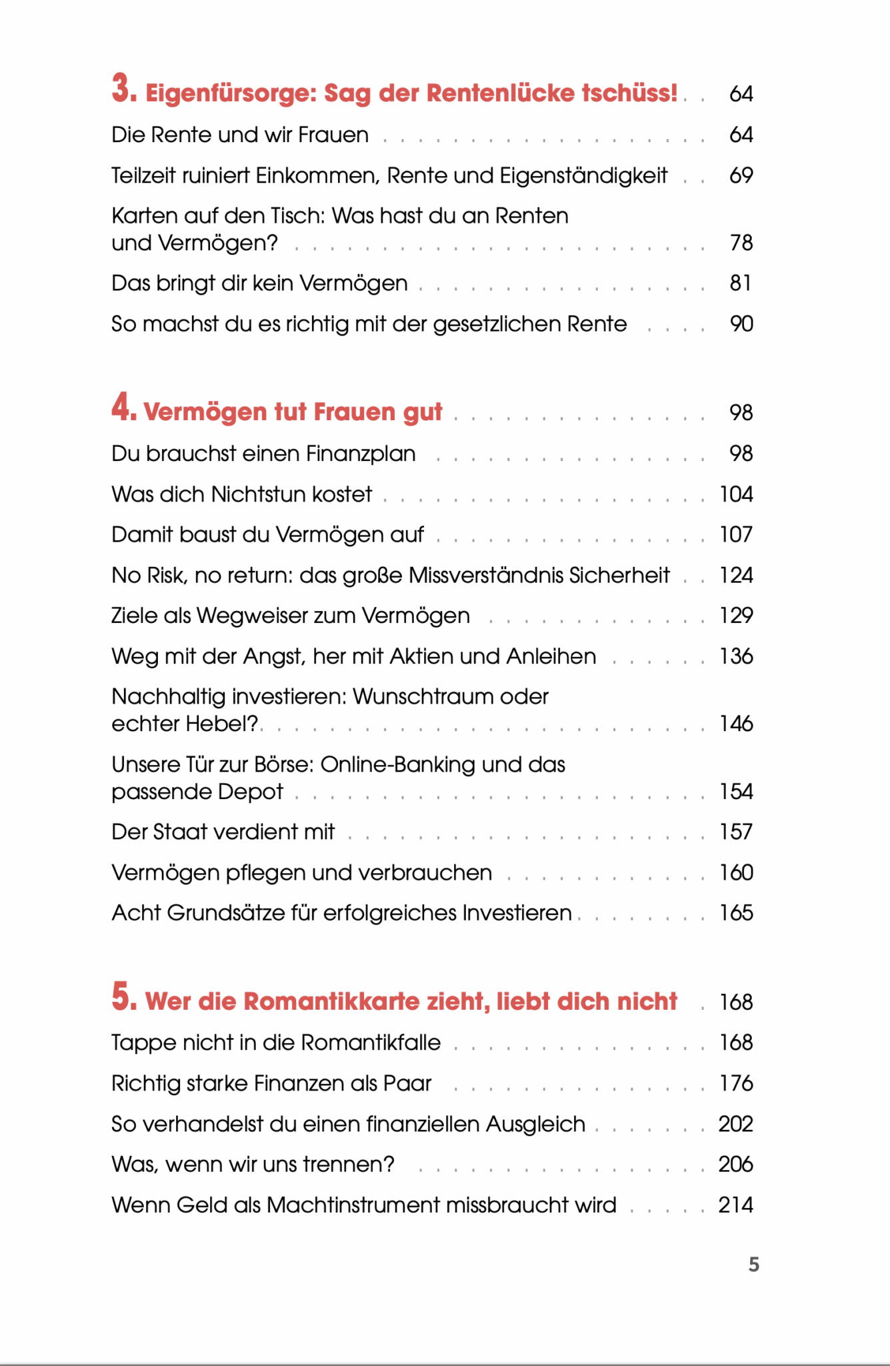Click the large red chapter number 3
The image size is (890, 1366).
coord(123,89)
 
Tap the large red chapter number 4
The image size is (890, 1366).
coord(123,408)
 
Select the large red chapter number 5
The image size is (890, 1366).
coord(123,997)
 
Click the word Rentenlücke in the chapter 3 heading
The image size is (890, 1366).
coord(501,93)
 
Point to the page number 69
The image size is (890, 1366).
coord(741,175)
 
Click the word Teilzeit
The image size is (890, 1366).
coord(142,175)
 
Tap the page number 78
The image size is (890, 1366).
coord(741,243)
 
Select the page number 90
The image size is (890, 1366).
coord(741,324)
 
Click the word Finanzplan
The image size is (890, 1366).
coord(361,454)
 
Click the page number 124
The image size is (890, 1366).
coord(736,576)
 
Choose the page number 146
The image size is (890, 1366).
coord(736,724)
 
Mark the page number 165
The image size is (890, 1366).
coord(736,913)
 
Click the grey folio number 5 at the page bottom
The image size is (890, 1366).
coord(754,1265)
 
